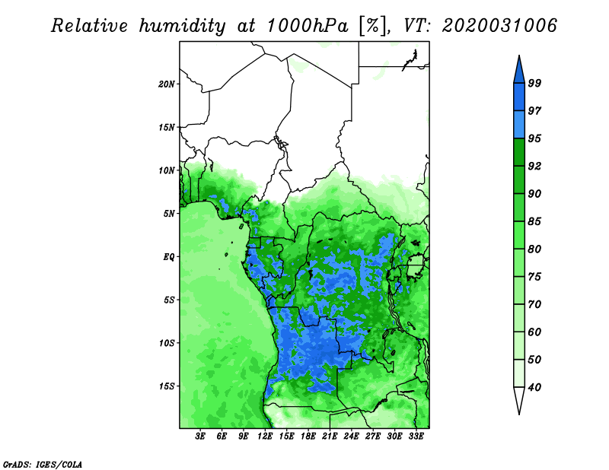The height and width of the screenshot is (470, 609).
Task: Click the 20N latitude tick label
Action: pos(166,84)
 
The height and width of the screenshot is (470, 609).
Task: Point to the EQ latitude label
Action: pos(169,256)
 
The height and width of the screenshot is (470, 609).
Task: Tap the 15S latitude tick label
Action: pos(166,386)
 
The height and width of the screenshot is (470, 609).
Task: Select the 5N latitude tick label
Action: pos(169,214)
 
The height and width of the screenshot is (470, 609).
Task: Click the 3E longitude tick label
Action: pos(200,436)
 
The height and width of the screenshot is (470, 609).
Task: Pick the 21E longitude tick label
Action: pos(330,436)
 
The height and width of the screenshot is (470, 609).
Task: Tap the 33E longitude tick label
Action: pos(416,436)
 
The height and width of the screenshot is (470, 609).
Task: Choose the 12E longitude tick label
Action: pos(265,436)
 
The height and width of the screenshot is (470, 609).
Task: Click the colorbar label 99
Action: pos(534,83)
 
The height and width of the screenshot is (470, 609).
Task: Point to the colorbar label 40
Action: pos(534,387)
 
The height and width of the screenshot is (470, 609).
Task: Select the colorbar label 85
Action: pos(534,221)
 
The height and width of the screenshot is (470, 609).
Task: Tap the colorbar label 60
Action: pos(534,332)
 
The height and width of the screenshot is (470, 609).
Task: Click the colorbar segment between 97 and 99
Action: pos(519,97)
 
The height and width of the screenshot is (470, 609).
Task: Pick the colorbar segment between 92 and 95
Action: pos(519,152)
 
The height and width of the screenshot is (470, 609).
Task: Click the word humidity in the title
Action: pos(182,26)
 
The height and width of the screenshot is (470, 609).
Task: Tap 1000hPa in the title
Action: pos(308,26)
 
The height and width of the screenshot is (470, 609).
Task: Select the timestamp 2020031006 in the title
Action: pos(499,25)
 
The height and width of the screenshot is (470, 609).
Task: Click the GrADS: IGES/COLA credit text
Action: pos(43,464)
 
